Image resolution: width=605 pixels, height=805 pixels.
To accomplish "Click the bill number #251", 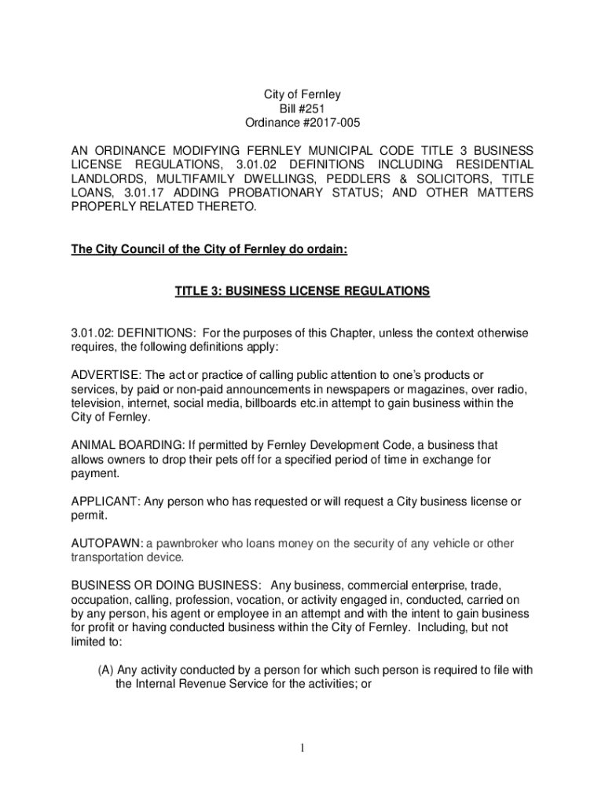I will (x=313, y=108).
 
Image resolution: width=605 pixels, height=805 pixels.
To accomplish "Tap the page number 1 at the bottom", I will (x=302, y=748).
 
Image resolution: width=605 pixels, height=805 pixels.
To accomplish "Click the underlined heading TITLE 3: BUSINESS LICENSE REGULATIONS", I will (x=302, y=291).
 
